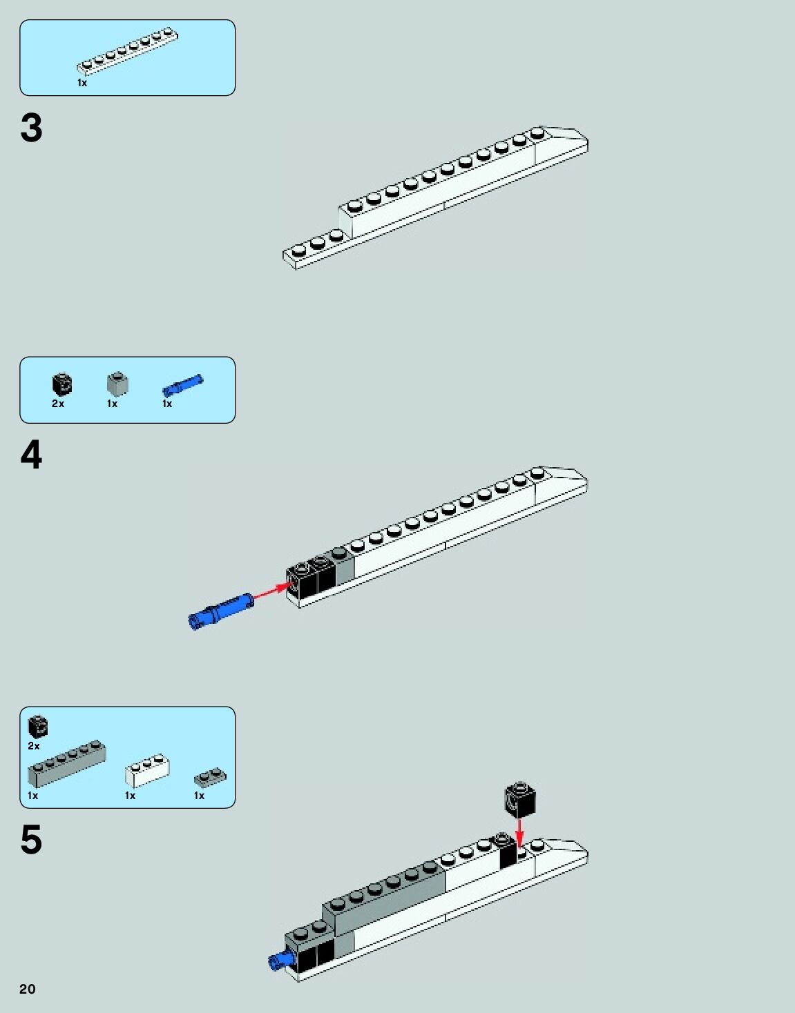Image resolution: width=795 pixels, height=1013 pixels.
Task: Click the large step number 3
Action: [31, 128]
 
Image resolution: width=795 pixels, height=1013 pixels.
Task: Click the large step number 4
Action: [31, 455]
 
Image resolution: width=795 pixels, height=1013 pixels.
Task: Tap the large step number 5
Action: [31, 840]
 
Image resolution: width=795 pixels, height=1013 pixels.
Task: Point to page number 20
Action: [27, 989]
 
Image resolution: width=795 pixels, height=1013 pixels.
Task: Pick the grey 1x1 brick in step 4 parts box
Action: [117, 383]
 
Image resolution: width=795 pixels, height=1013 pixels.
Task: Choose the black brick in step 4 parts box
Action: [61, 383]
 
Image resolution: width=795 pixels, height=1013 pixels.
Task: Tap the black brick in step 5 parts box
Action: [37, 726]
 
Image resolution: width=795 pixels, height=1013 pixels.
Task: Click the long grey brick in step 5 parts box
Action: [66, 764]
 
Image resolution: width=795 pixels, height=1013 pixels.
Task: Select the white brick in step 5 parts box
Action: [147, 770]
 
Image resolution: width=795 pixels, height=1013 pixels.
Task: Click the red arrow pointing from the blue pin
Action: [271, 591]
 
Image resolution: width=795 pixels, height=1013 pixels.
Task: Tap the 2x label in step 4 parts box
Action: [58, 404]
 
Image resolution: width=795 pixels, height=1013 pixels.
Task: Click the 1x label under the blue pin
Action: [167, 404]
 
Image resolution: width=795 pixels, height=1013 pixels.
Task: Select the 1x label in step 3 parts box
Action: [82, 83]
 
